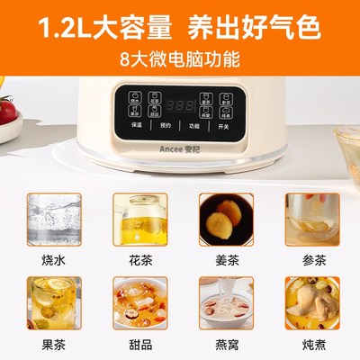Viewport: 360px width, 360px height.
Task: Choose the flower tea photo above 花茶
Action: [137, 220]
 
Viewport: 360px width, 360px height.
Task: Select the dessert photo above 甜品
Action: [137, 303]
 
